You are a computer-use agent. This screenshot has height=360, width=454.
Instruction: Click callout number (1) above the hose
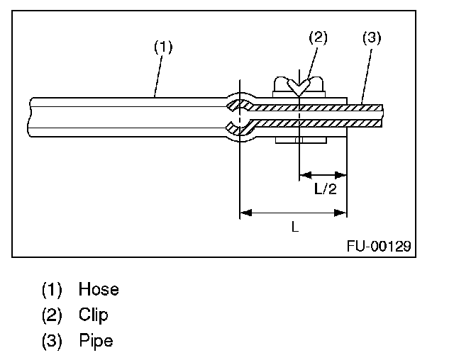pos(164,48)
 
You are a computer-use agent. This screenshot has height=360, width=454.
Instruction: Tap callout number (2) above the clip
pos(318,38)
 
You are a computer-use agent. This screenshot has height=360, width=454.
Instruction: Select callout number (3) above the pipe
pos(370,38)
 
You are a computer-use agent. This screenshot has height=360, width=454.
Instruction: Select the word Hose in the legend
pos(99,289)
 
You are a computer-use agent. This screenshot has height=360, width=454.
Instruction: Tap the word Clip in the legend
pos(93,315)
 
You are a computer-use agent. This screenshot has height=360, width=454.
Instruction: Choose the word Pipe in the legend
pos(96,340)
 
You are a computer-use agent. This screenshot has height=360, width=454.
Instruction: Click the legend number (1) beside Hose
pos(52,289)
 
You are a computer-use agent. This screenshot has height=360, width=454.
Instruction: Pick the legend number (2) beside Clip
pos(52,315)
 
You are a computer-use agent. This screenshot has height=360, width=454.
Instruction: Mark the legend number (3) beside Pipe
pos(52,340)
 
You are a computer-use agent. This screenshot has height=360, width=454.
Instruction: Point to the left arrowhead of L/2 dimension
pos(304,174)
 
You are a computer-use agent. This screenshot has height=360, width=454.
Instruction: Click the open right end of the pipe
pos(382,115)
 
